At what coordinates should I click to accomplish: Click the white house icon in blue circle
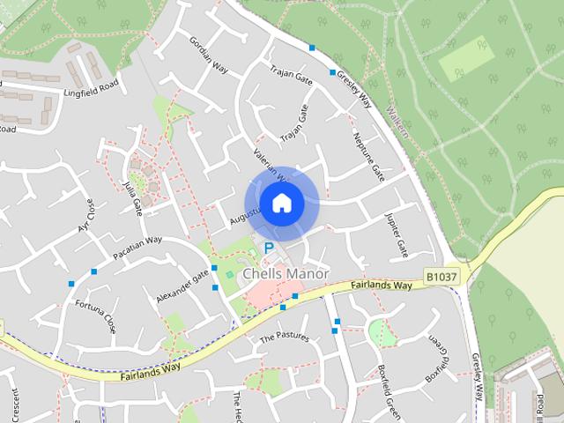pos(281,204)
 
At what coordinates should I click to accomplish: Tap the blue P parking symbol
pos(267,249)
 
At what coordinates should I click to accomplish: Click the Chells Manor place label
pos(286,274)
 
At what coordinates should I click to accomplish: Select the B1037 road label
pos(442,277)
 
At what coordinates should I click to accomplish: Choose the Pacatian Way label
pos(137,248)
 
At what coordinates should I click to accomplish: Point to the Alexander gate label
pos(182,287)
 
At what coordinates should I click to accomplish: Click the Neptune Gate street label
pos(368,155)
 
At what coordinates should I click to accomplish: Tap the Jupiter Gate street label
pos(397,234)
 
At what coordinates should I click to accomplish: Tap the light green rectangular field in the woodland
pos(467,58)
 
